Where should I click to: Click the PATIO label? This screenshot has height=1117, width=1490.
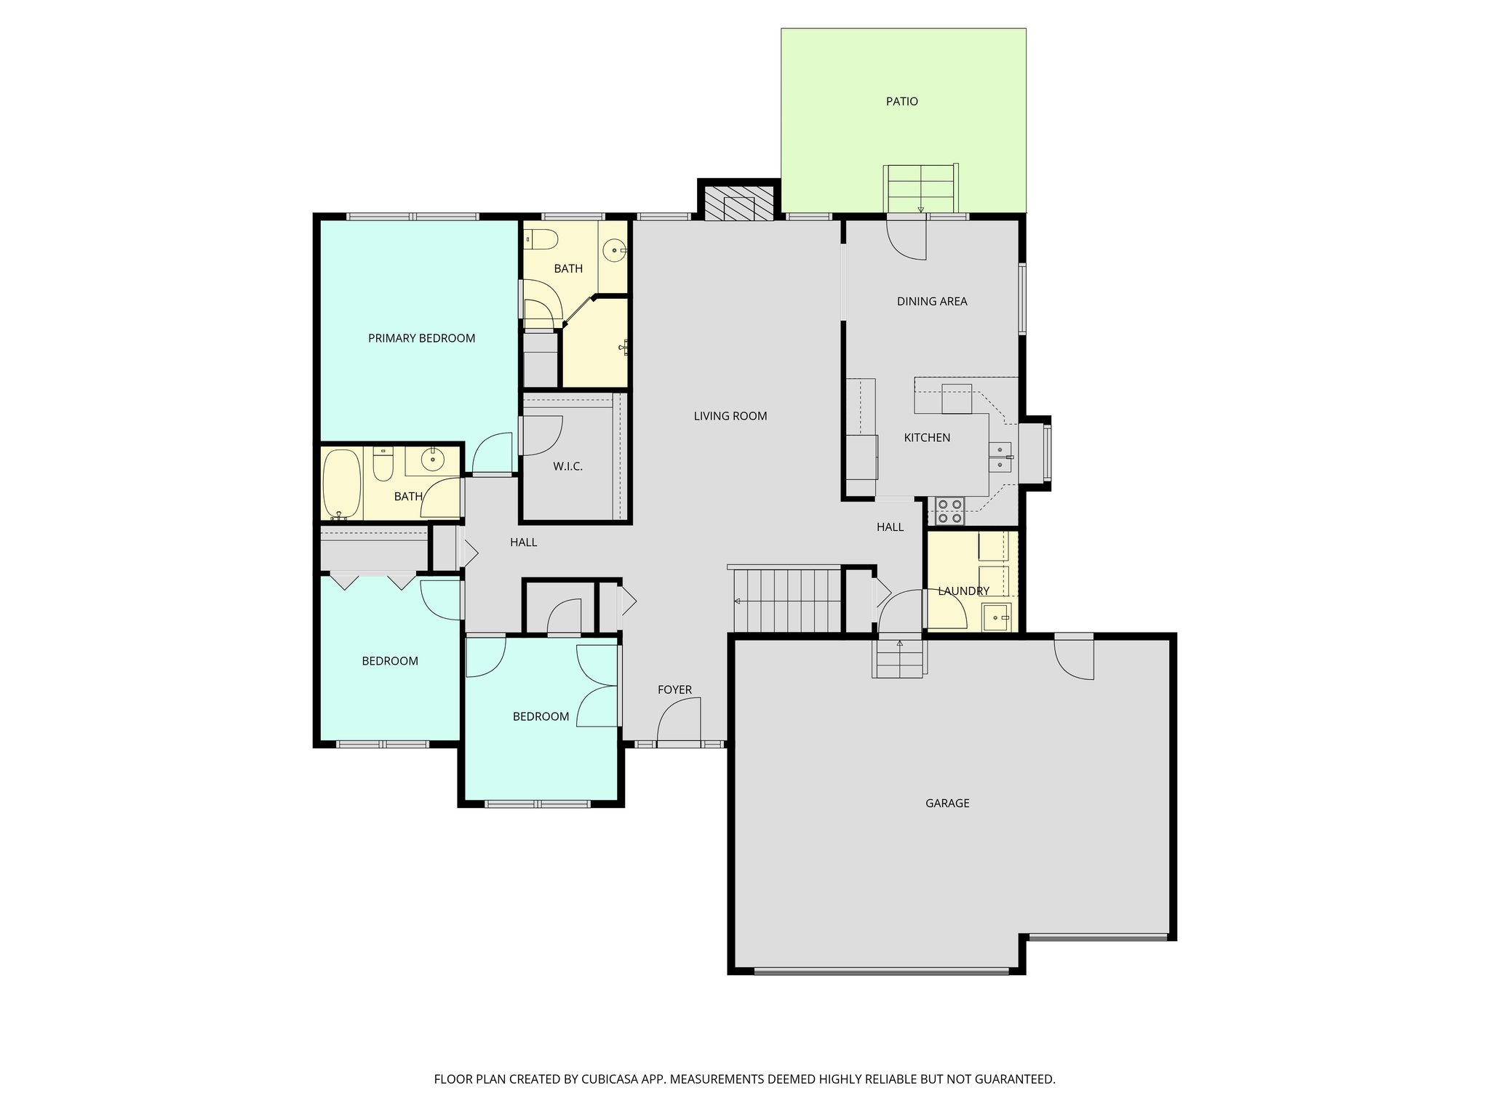pos(901,102)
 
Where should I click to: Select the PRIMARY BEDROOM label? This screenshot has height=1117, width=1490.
pos(421,338)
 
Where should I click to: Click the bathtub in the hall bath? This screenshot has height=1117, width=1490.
pos(342,484)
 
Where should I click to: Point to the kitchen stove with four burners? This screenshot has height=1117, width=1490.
pos(949,511)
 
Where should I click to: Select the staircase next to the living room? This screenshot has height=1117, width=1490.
pos(787,601)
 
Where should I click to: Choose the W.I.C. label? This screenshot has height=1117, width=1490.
pos(567,466)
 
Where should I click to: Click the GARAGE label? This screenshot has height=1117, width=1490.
pos(947,804)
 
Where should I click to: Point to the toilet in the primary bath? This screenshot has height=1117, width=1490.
pos(541,239)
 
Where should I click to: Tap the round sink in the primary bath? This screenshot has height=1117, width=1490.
pos(615,250)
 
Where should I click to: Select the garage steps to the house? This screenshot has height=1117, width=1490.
pos(900,657)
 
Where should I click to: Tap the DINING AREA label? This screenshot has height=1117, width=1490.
pos(931,301)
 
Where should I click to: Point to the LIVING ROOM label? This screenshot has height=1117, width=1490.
pos(730,416)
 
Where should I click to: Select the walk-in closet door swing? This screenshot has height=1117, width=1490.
pos(543,435)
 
